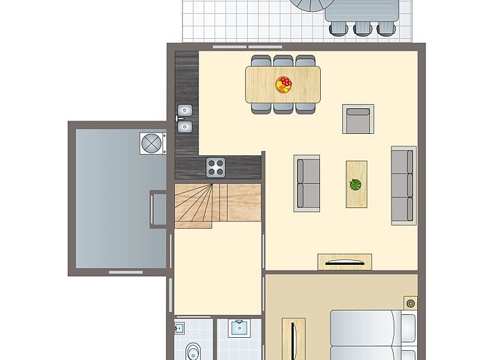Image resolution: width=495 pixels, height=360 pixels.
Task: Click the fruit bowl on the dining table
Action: point(283,85)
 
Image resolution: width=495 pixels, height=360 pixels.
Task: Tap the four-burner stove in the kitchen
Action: point(216,167)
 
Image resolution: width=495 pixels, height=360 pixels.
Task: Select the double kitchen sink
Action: point(185,118)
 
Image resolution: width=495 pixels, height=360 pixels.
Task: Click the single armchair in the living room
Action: point(358,119)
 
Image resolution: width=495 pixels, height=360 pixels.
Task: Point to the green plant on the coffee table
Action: point(356,185)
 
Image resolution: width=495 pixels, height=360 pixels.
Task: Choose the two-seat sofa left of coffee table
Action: point(307,182)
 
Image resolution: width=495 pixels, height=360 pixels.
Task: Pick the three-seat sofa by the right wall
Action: point(403,185)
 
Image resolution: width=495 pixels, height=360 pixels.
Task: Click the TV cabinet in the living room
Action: point(344,262)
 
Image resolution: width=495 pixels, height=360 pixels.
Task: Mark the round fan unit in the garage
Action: point(151,143)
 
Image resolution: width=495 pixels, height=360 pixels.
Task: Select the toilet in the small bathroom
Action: point(192,351)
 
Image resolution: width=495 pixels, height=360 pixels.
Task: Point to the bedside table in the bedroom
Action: point(410,302)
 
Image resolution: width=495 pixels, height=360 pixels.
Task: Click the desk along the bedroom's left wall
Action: point(294,338)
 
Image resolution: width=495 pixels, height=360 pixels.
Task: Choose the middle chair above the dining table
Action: point(283,61)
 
